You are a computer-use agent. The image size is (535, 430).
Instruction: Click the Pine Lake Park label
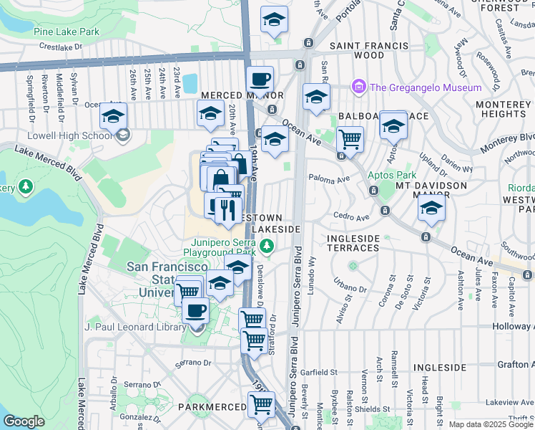[x=66, y=32]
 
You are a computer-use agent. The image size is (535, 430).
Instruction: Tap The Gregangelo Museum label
[x=426, y=87]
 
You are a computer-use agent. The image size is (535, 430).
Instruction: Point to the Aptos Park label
[x=392, y=175]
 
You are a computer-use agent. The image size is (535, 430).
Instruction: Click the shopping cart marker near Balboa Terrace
[x=350, y=139]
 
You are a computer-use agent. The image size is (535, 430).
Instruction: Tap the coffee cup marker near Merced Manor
[x=260, y=79]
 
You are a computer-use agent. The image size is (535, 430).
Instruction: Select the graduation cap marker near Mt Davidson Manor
[x=431, y=209]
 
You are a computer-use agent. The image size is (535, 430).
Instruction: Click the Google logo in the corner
[x=24, y=421]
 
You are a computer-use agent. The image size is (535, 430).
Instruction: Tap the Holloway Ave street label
[x=514, y=326]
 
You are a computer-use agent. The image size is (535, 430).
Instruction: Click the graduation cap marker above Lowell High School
[x=113, y=115]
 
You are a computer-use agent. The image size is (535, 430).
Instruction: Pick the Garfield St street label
[x=319, y=373]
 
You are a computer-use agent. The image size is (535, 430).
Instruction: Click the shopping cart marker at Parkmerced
[x=261, y=405]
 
